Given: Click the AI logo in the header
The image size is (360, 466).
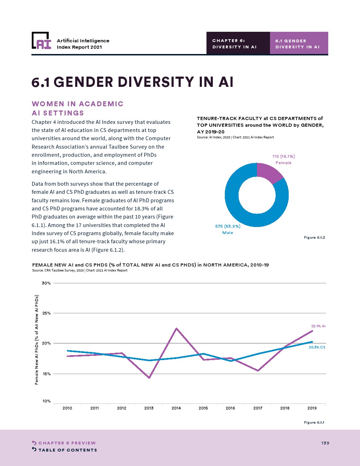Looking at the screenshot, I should coord(41,41).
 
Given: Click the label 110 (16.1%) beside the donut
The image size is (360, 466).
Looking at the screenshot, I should coord(283,156).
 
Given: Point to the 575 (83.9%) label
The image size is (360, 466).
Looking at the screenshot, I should coord(228,226).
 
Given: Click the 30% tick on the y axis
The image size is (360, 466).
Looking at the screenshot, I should coord(47,283).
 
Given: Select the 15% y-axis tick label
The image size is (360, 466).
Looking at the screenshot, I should coord(47,374).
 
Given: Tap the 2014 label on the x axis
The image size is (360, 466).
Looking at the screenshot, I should coord(176,408).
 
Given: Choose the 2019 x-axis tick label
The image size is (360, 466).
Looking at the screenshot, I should coord(312,408).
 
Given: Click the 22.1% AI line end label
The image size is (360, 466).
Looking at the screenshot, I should coord(318,326).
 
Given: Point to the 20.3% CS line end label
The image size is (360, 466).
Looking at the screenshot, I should coord(317,347).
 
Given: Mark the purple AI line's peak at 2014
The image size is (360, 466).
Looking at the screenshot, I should coord(176,329).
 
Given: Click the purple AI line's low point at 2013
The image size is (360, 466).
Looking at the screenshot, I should coord(149,378).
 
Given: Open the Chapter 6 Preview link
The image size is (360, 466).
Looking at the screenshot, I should coord(67,443).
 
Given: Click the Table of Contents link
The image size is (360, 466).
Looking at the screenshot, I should coord(67,450).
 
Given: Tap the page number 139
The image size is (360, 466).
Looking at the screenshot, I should coord(325,443).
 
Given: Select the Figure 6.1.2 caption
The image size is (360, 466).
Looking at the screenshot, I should coord(314,238).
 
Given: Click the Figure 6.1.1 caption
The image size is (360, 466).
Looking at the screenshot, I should coord(314,423).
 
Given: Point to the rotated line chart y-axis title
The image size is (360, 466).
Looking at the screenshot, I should coord(37,340).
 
